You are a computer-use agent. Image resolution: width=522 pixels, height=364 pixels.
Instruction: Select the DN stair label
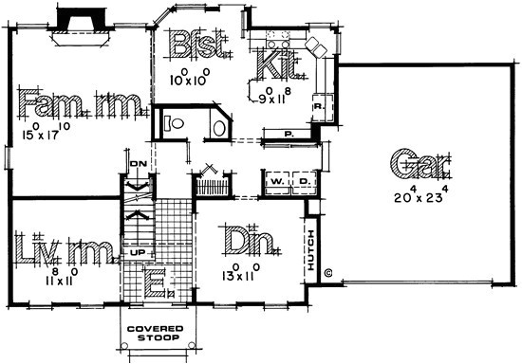point(137,162)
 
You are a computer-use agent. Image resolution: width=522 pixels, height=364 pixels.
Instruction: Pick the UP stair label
point(138,254)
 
